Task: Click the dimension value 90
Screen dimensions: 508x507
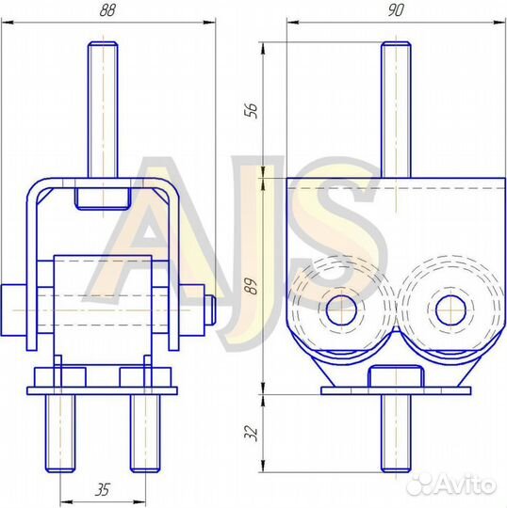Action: (x=388, y=11)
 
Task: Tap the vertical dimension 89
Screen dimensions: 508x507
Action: (x=249, y=286)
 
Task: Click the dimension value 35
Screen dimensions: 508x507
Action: (x=102, y=489)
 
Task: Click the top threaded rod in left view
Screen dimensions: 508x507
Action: (x=102, y=108)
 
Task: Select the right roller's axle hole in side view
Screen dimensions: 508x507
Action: (x=450, y=307)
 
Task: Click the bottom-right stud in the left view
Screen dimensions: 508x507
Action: (x=142, y=433)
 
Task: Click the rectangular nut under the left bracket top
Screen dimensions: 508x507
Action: (x=102, y=197)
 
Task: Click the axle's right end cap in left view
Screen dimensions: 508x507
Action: (x=211, y=313)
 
